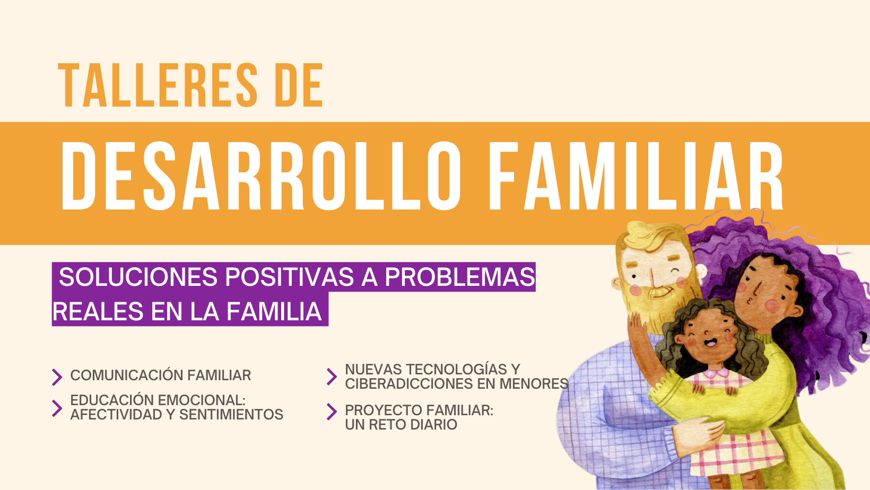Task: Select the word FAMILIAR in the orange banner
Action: coord(636,176)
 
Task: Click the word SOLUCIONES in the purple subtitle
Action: coord(138,277)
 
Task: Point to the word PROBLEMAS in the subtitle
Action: coord(460,277)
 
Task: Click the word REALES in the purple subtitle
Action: coord(98,311)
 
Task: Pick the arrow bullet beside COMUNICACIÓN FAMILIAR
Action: coord(57,377)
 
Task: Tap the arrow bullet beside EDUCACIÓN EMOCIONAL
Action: coord(57,408)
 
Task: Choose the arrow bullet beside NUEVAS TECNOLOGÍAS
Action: coord(332,377)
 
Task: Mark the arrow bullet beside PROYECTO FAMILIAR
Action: coord(332,412)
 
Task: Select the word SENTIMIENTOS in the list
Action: coord(231,415)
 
